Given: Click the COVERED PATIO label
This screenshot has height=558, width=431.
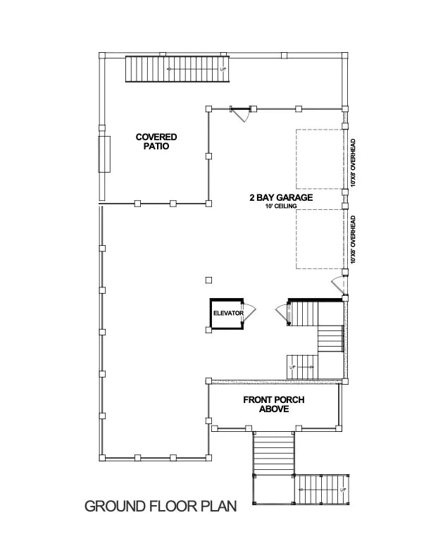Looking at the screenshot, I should click(156, 142).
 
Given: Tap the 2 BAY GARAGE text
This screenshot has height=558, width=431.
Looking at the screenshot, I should click(280, 198).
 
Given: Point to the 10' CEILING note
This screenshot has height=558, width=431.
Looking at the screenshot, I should click(280, 207).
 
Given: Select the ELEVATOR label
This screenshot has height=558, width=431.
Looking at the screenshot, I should click(228, 313).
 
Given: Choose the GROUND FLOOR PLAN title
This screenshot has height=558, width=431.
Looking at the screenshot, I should click(160, 506).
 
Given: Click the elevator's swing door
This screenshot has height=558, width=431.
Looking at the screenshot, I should click(249, 311).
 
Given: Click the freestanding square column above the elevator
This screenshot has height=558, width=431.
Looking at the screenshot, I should click(208, 280).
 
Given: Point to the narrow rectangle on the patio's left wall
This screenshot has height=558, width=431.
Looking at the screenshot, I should click(105, 154).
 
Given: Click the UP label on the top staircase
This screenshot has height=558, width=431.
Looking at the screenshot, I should click(223, 70).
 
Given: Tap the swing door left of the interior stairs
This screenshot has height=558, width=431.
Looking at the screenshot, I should click(281, 312).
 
